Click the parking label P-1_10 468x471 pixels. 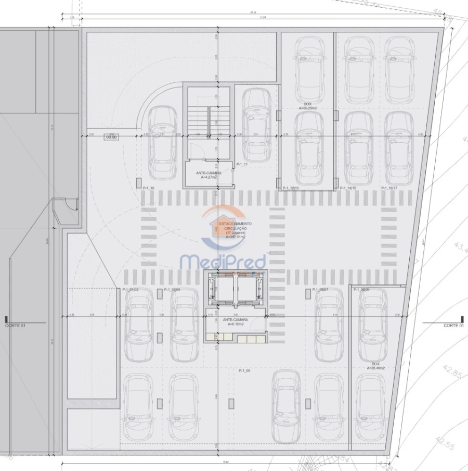pyautogui.click(x=148, y=188)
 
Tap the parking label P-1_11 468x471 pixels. pyautogui.click(x=242, y=164)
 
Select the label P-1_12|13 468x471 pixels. pyautogui.click(x=290, y=188)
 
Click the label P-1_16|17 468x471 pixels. pyautogui.click(x=389, y=188)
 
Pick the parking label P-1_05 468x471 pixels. pyautogui.click(x=244, y=370)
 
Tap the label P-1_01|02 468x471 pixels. pyautogui.click(x=130, y=290)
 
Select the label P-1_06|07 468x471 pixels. pyautogui.click(x=320, y=290)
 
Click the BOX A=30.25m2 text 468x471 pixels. pyautogui.click(x=308, y=106)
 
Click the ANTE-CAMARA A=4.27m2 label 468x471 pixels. pyautogui.click(x=209, y=175)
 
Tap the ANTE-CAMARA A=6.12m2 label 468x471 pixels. pyautogui.click(x=235, y=321)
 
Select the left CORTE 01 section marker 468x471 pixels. pyautogui.click(x=15, y=325)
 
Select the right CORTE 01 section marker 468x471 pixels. pyautogui.click(x=453, y=325)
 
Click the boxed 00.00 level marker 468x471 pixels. pyautogui.click(x=111, y=137)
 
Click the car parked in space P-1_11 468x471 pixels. pyautogui.click(x=256, y=125)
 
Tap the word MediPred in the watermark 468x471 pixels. pyautogui.click(x=223, y=262)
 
